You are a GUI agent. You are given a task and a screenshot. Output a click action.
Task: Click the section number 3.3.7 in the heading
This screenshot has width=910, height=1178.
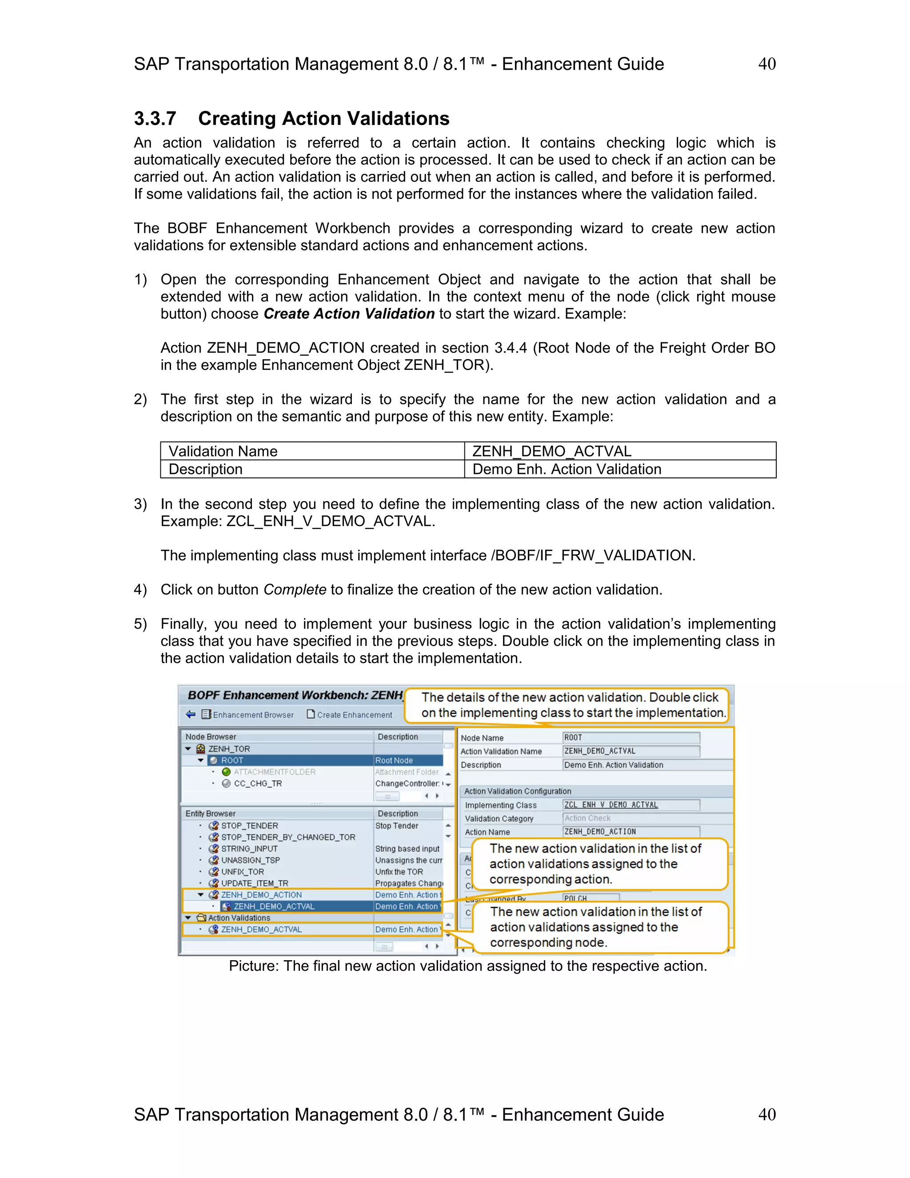[x=155, y=119]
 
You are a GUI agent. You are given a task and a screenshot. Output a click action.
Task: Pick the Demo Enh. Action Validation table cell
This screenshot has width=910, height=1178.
[x=566, y=469]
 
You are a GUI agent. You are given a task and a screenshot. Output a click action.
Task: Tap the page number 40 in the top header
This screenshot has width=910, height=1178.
[x=766, y=64]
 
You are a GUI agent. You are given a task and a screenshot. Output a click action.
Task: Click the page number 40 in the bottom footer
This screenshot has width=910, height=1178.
[x=766, y=1114]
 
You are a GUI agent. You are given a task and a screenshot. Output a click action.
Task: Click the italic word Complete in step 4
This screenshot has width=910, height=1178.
[x=294, y=589]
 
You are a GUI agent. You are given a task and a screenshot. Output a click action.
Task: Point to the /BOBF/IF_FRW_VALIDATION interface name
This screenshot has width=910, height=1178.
[x=592, y=556]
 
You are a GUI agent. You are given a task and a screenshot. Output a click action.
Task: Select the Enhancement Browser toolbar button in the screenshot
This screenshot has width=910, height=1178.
[x=247, y=715]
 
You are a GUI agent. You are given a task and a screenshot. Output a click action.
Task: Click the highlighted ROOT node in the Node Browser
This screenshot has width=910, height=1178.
[x=232, y=761]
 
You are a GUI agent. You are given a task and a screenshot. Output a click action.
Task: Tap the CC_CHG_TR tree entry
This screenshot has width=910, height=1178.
[x=257, y=784]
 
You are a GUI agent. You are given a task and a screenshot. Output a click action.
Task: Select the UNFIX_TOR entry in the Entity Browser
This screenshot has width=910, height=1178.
[x=242, y=872]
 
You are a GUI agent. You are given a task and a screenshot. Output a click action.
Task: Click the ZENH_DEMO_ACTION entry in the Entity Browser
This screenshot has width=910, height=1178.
[x=261, y=895]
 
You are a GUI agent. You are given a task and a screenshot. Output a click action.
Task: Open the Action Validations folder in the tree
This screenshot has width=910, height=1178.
[x=239, y=918]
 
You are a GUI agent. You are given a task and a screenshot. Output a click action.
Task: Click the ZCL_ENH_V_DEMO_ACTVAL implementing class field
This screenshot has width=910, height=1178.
[x=611, y=805]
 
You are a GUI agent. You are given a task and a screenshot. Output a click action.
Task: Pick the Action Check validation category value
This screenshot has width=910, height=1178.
[x=587, y=818]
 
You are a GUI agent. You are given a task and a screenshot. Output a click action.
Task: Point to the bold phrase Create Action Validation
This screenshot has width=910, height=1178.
[x=349, y=314]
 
